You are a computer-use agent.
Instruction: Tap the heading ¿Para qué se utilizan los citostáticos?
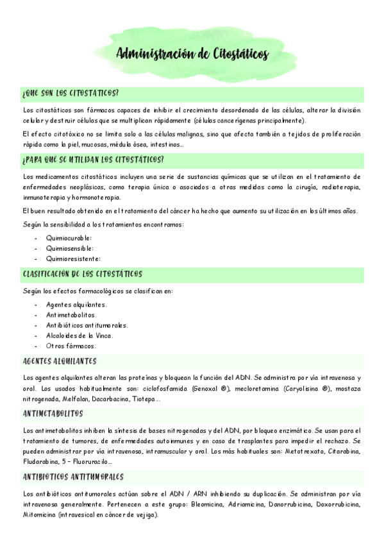(x=92, y=158)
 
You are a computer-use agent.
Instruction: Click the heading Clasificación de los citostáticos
(x=82, y=274)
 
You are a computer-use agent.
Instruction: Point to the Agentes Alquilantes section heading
(x=59, y=361)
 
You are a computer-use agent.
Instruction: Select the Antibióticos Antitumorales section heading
(x=72, y=477)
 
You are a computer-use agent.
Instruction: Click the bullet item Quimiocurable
(x=69, y=237)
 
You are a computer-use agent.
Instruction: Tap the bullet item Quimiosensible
(x=70, y=248)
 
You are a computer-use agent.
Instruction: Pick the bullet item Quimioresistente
(x=73, y=259)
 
